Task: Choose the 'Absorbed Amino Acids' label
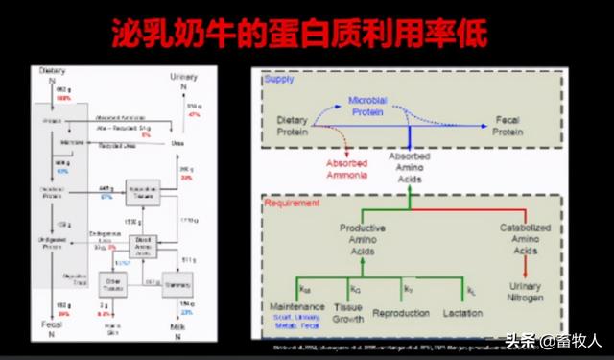tap(409, 167)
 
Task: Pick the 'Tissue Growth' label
tap(346, 313)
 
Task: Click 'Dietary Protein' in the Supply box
tap(293, 125)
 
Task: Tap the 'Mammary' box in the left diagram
tap(175, 283)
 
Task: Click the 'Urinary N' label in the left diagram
tap(183, 81)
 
